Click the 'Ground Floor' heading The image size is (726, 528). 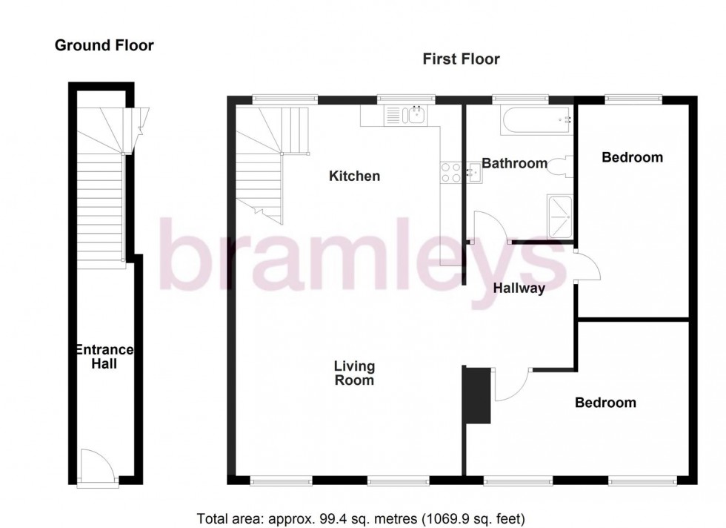(x=104, y=46)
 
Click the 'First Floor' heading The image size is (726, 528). (x=461, y=59)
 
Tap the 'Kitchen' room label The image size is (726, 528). (x=354, y=176)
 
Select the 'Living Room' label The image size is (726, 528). (x=354, y=373)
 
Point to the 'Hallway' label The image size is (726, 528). (x=519, y=288)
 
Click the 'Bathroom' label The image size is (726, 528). (x=514, y=163)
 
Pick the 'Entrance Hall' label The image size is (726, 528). (x=104, y=357)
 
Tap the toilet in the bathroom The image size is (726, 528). (x=560, y=166)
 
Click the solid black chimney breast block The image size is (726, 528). (x=476, y=395)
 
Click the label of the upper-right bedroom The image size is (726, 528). (x=632, y=157)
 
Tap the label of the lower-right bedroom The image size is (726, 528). (x=605, y=403)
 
